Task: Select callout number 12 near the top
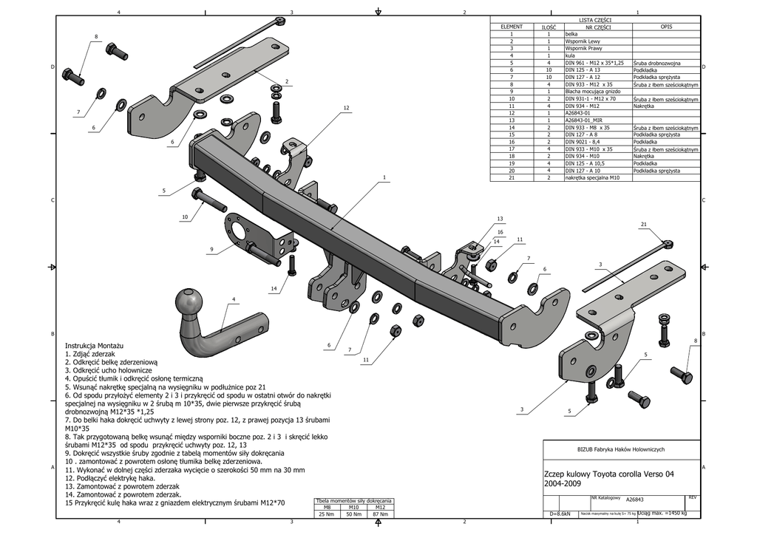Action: [346, 108]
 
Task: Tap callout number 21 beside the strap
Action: [644, 224]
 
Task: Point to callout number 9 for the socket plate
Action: [211, 250]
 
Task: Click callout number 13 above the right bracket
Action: [500, 219]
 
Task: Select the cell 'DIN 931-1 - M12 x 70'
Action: [590, 98]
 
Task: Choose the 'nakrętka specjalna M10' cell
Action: [591, 177]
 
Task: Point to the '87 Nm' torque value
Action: [380, 514]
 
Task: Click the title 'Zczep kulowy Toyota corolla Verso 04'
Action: [608, 474]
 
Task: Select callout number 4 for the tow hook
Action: [234, 299]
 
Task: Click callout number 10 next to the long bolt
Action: [185, 217]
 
